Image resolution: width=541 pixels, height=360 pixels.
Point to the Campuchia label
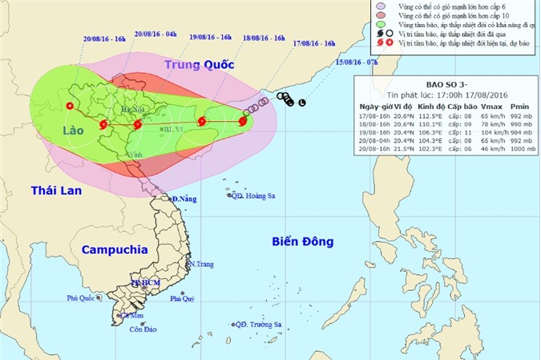pyautogui.click(x=114, y=249)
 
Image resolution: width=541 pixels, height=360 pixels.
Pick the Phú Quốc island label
pyautogui.click(x=84, y=297)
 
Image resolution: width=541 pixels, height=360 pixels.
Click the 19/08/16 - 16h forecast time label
pyautogui.click(x=211, y=37)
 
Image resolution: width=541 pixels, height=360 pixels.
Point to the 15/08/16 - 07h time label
pyautogui.click(x=357, y=62)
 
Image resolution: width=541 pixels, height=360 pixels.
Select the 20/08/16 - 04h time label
pyautogui.click(x=155, y=34)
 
